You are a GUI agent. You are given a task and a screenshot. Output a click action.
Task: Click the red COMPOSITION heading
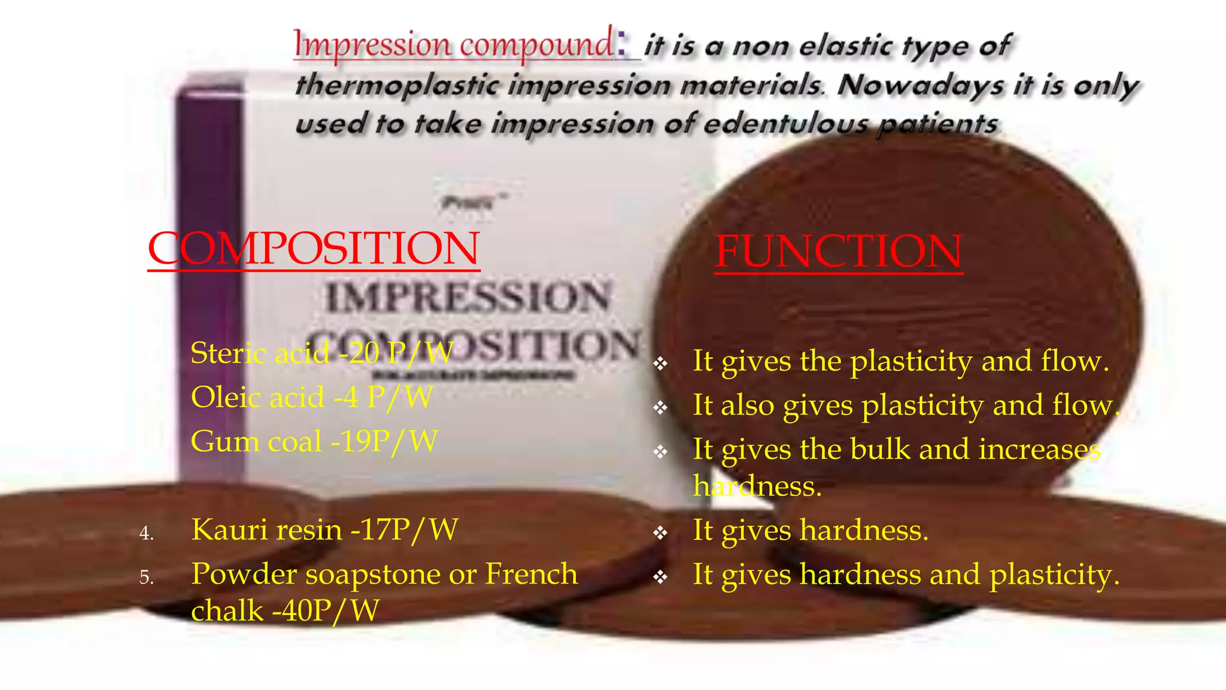(314, 249)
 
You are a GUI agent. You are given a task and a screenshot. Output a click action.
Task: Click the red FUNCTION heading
(838, 252)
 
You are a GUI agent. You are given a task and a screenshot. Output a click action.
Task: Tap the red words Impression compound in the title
(453, 45)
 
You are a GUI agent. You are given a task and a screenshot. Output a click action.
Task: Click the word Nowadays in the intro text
(921, 85)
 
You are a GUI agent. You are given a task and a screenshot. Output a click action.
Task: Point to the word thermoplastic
(397, 85)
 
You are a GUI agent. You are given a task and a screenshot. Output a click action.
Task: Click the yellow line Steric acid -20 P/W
(321, 353)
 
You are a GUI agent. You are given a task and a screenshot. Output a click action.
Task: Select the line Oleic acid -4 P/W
(311, 397)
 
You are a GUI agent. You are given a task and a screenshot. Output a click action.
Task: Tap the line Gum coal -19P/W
(314, 441)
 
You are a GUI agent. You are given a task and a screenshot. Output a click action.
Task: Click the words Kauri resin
(266, 530)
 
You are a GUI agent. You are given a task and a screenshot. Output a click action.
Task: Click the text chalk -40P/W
(285, 611)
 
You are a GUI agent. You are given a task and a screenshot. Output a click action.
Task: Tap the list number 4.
(146, 533)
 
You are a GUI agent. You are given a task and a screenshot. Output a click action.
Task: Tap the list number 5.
(146, 577)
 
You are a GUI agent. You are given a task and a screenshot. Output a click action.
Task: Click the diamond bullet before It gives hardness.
(660, 532)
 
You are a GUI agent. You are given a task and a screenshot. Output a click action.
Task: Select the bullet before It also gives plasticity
(660, 408)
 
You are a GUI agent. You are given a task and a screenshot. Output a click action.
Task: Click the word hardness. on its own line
(757, 486)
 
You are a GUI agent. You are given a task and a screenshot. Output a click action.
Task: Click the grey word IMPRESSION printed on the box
(468, 298)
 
